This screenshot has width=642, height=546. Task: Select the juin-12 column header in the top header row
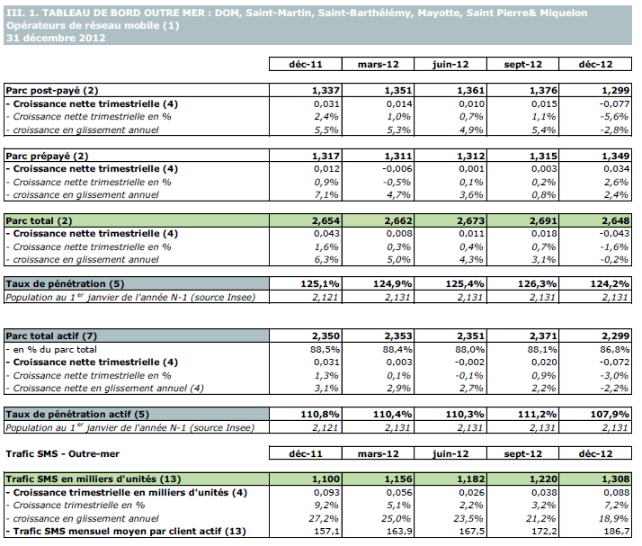448,65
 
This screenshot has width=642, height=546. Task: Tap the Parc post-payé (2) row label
52,91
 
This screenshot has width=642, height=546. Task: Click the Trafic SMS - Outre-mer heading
62,453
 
